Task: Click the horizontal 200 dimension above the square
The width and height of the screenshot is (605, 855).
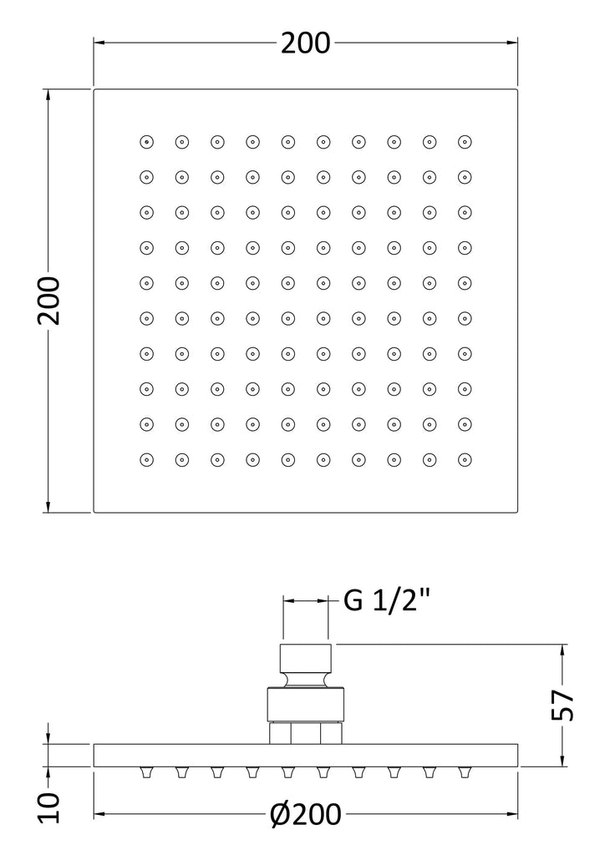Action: (x=306, y=43)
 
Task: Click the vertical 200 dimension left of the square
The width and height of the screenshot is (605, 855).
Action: (x=48, y=301)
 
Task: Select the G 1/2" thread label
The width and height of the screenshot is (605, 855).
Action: (x=387, y=601)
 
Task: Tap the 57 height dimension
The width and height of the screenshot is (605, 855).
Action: (x=562, y=705)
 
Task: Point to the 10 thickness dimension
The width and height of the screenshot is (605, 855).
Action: (x=48, y=807)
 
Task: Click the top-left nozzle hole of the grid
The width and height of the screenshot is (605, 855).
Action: (x=146, y=142)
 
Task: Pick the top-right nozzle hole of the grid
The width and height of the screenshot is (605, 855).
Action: (x=465, y=142)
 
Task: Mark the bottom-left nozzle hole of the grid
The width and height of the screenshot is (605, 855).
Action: (x=146, y=460)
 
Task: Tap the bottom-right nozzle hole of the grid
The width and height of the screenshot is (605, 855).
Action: (x=465, y=460)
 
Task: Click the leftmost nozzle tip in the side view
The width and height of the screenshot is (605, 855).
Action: (x=146, y=772)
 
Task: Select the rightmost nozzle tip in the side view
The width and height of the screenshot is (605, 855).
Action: (x=465, y=772)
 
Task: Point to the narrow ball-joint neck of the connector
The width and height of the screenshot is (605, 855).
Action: (x=306, y=680)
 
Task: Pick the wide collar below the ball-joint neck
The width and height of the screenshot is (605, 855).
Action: (x=306, y=706)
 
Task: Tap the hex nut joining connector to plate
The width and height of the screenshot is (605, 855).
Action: (x=306, y=733)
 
